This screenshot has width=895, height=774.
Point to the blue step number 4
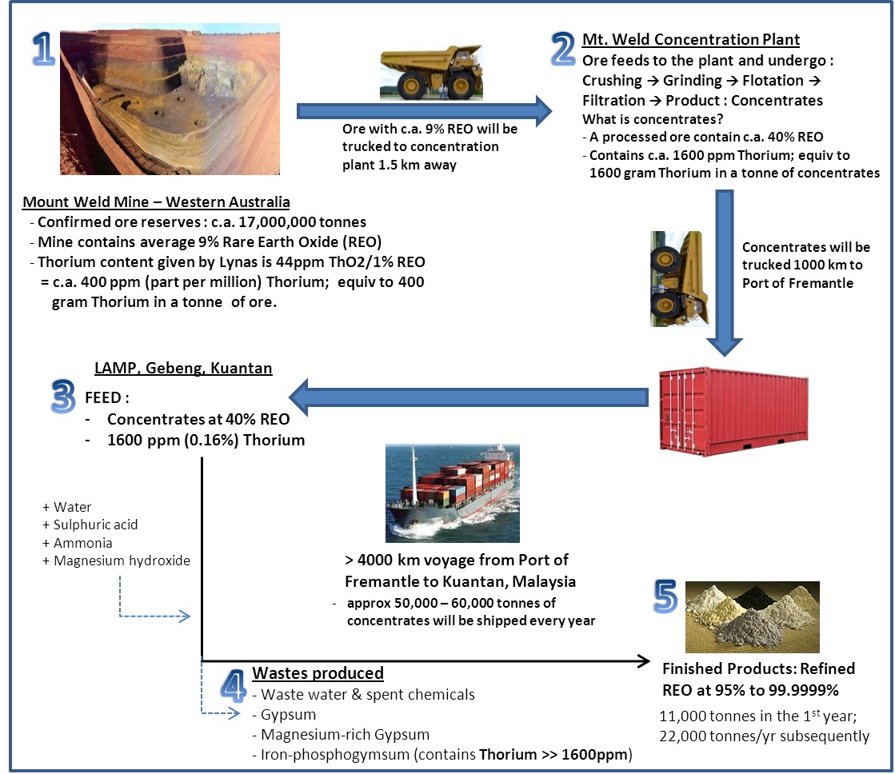230,686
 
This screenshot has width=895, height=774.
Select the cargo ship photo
452,493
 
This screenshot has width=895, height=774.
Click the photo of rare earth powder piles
752,617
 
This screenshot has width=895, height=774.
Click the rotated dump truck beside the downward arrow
676,279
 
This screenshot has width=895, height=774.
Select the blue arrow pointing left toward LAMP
469,397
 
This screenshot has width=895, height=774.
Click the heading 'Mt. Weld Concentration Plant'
691,40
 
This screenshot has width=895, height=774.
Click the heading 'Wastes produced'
318,673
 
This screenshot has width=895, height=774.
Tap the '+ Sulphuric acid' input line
90,525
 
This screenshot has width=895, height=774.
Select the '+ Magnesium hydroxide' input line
117,561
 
